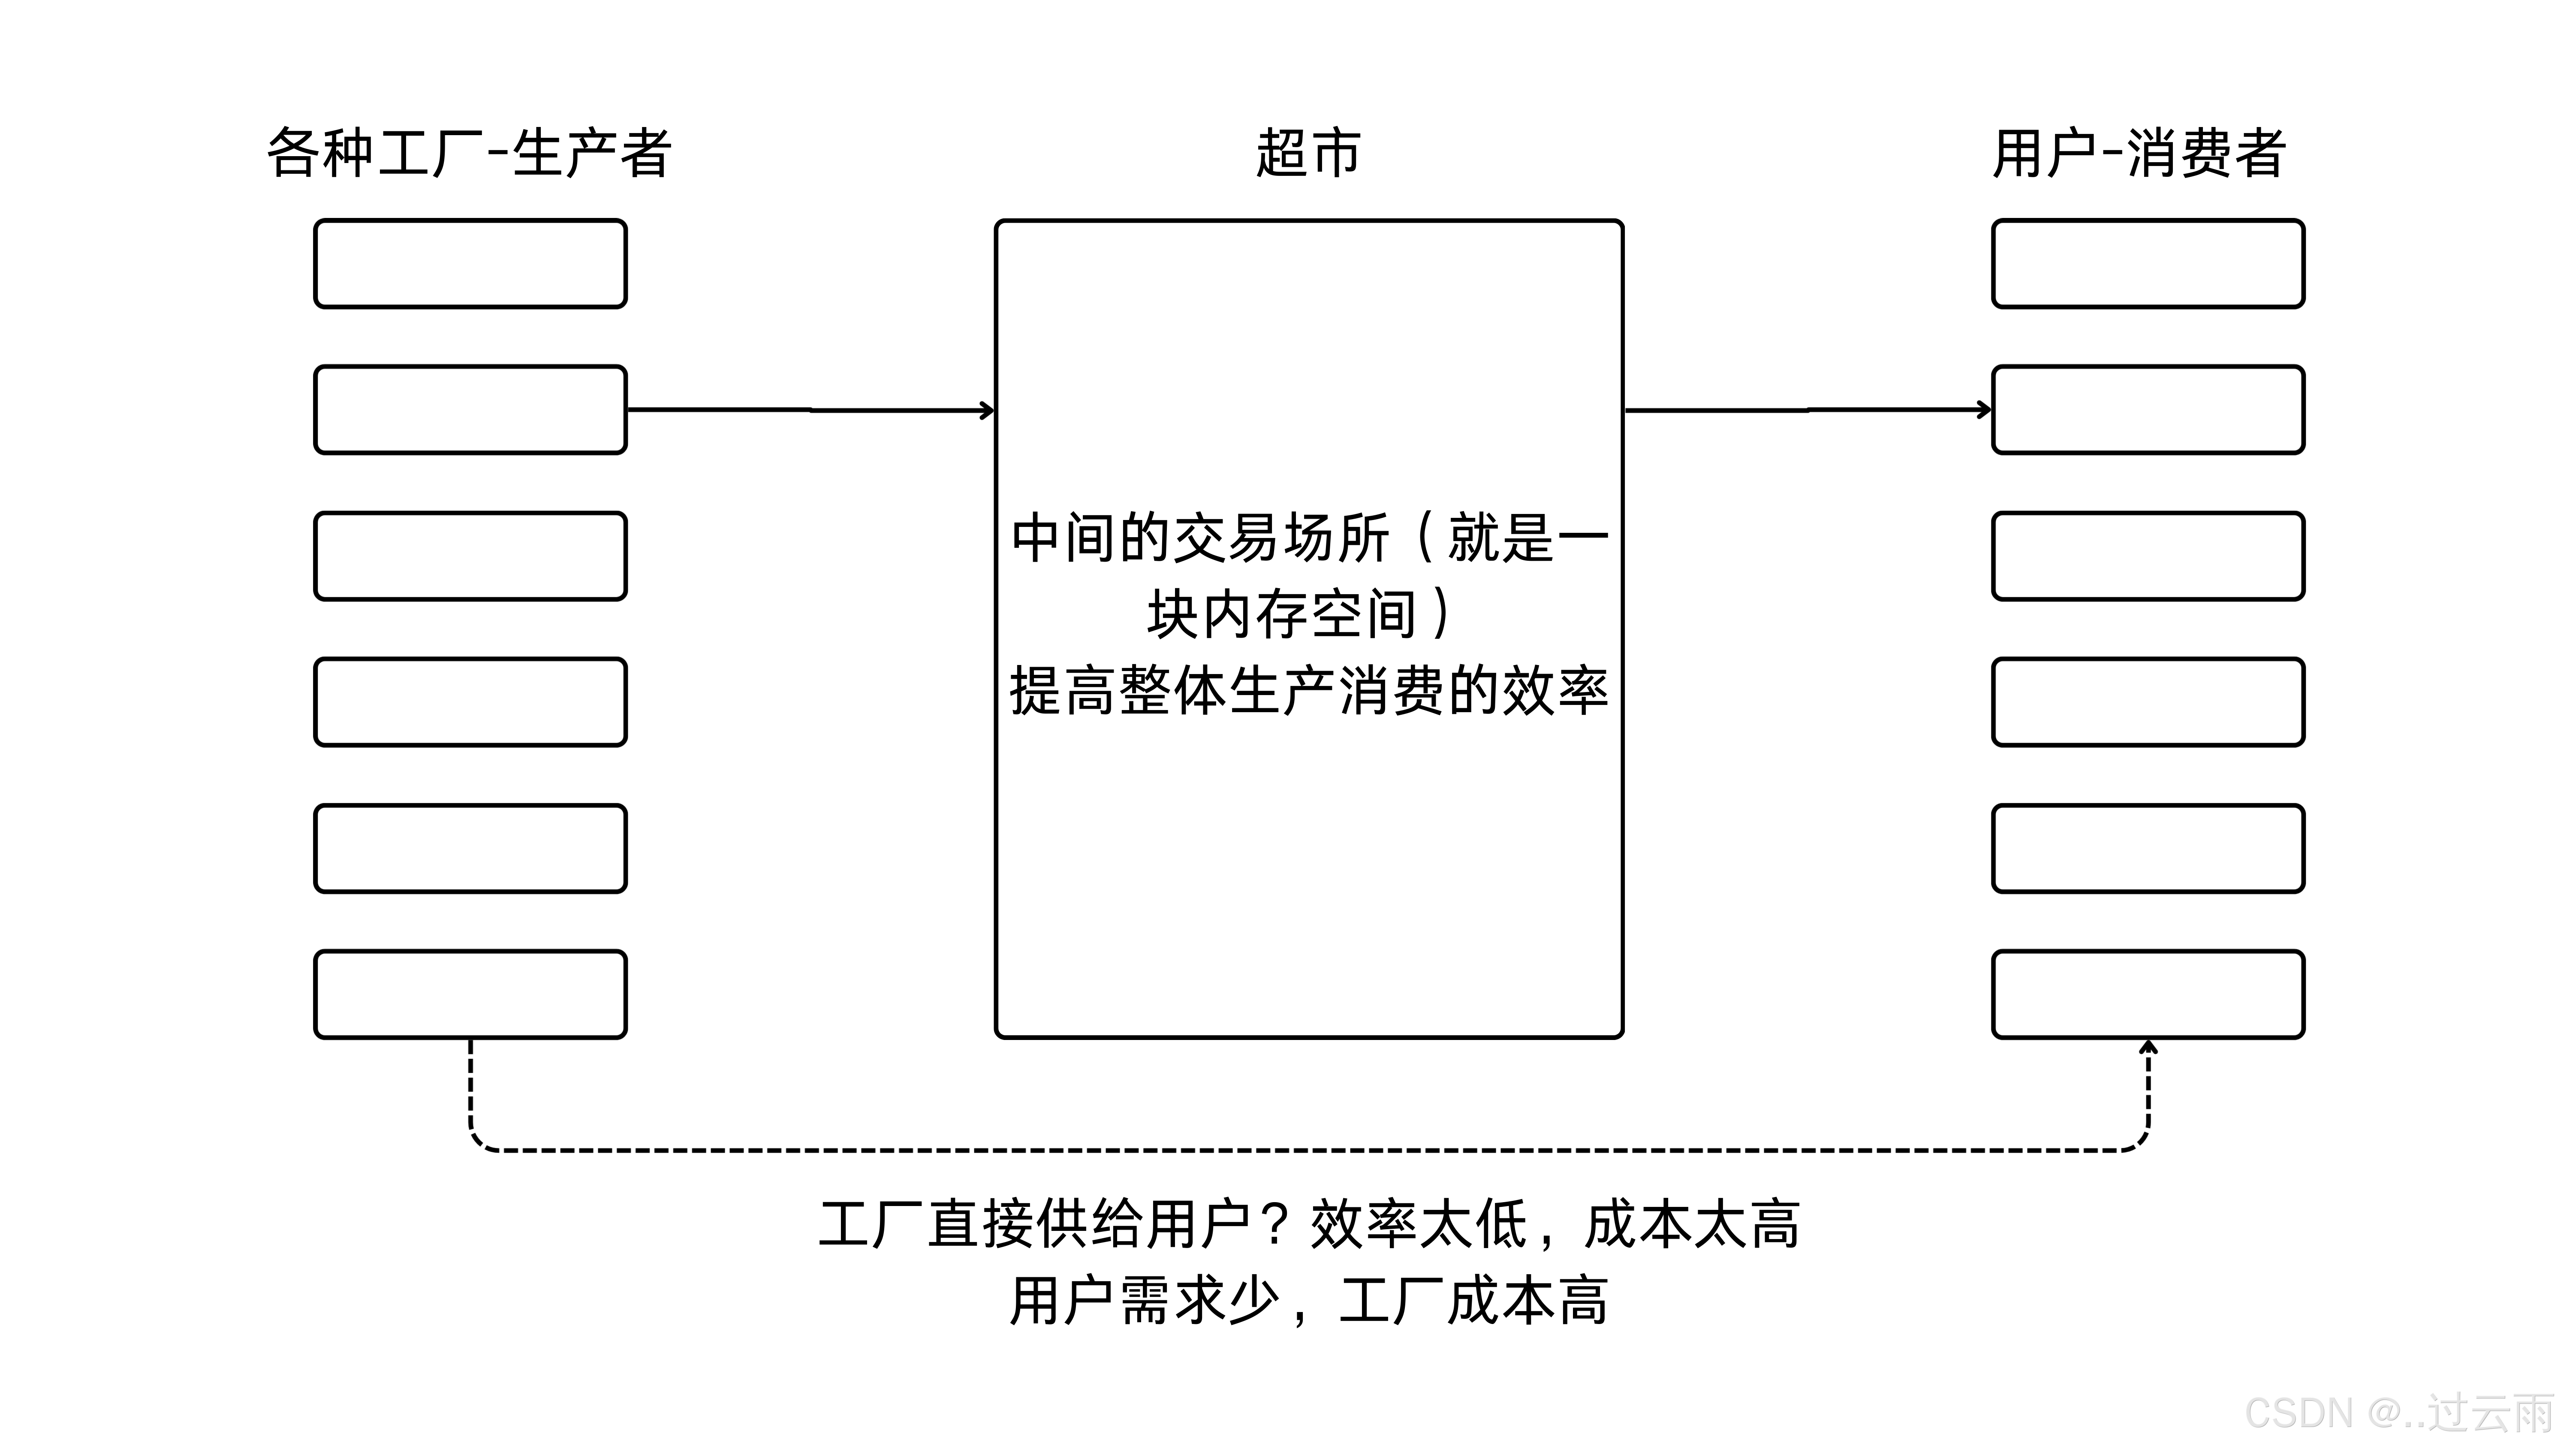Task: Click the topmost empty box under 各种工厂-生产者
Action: [470, 264]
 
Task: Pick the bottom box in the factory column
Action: [470, 995]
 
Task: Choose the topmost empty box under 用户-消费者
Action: [2148, 264]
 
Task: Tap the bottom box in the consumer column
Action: [2148, 995]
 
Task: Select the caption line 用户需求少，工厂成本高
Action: [1308, 1301]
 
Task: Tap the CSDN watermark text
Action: [2397, 1413]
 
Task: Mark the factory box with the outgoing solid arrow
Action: [470, 410]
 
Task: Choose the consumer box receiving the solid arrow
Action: [2148, 410]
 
